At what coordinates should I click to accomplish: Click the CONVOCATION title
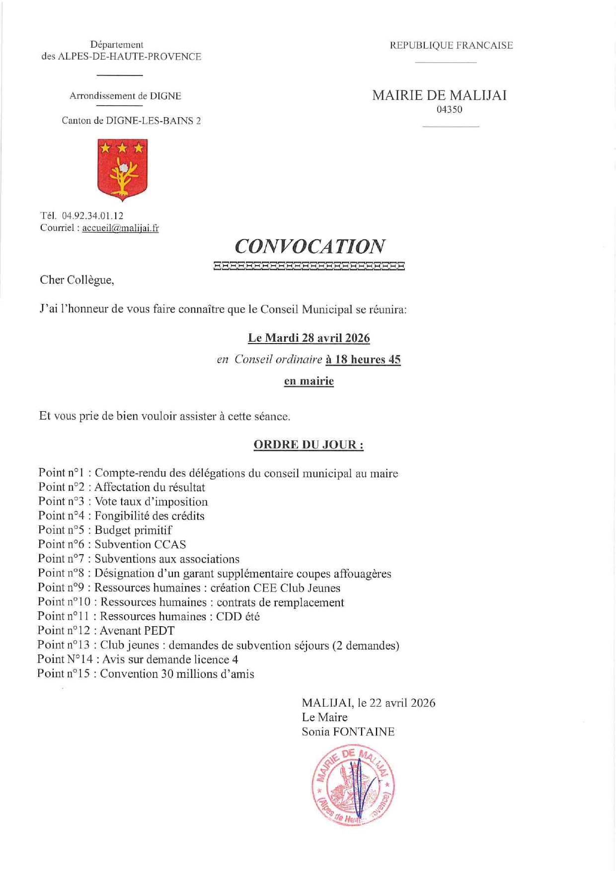pyautogui.click(x=309, y=246)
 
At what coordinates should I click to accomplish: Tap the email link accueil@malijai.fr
pyautogui.click(x=120, y=228)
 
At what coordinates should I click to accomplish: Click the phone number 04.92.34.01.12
pyautogui.click(x=92, y=216)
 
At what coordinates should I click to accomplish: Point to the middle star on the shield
pyautogui.click(x=122, y=147)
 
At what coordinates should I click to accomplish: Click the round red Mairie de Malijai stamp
pyautogui.click(x=353, y=785)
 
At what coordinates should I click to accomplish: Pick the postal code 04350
pyautogui.click(x=449, y=110)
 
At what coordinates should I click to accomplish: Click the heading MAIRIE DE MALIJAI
pyautogui.click(x=439, y=95)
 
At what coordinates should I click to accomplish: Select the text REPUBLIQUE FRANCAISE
pyautogui.click(x=451, y=46)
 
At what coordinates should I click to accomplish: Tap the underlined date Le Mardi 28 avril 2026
pyautogui.click(x=308, y=338)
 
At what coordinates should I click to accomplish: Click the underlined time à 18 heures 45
pyautogui.click(x=363, y=360)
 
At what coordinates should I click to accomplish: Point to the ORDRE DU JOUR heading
pyautogui.click(x=308, y=444)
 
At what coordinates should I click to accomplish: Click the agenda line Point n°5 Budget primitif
pyautogui.click(x=105, y=530)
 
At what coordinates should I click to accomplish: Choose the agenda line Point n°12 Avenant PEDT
pyautogui.click(x=106, y=631)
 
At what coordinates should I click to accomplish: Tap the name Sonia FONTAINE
pyautogui.click(x=348, y=732)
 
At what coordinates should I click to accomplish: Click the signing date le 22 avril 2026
pyautogui.click(x=396, y=703)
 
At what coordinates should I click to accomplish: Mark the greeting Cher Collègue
pyautogui.click(x=77, y=280)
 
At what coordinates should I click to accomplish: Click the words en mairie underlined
pyautogui.click(x=308, y=381)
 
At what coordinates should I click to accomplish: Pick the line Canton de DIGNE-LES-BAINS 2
pyautogui.click(x=131, y=121)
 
